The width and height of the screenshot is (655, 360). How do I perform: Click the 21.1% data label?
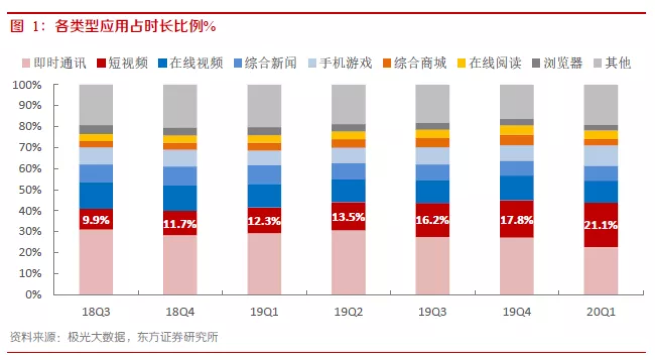click(601, 225)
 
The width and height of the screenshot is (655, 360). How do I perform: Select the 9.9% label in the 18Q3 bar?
click(96, 219)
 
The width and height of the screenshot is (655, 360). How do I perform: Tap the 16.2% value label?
click(432, 220)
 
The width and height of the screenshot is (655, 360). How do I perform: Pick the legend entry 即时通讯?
click(54, 63)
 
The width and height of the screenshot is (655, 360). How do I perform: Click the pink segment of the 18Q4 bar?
click(180, 265)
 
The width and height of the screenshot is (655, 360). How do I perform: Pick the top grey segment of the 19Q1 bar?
click(264, 106)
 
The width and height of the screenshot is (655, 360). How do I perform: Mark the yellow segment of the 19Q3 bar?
click(432, 134)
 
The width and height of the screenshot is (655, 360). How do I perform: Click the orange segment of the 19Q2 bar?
click(348, 143)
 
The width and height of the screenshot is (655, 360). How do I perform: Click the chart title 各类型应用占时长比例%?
click(113, 27)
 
